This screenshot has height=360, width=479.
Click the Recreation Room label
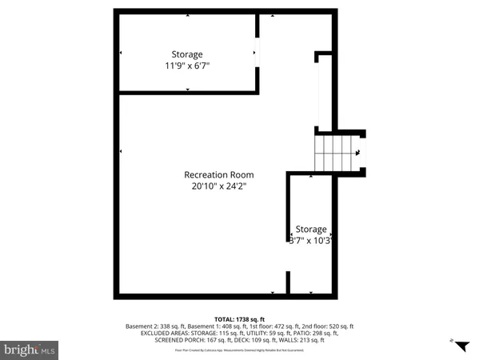click(218, 174)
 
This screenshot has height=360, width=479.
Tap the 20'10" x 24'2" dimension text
click(218, 186)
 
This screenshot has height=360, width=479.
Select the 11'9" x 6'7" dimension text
click(188, 66)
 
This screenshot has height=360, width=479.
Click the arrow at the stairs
click(357, 152)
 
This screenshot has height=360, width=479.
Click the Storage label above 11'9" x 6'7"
click(187, 54)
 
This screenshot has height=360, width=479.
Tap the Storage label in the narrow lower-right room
click(311, 229)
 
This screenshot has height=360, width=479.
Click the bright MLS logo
click(30, 350)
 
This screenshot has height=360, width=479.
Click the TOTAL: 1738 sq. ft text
click(239, 318)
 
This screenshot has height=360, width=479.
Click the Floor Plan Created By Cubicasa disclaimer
click(239, 350)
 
